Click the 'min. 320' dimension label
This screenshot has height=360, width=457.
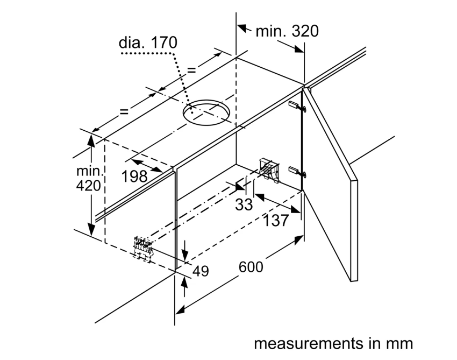coord(287,31)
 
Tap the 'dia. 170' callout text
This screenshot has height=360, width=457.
coord(148,43)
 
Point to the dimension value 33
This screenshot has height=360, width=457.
coord(245,204)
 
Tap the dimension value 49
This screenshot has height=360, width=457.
coord(200,271)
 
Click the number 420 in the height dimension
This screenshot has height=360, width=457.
coord(88,187)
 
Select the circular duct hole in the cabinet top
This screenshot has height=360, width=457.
coord(206,112)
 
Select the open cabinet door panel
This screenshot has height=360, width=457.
coord(329,183)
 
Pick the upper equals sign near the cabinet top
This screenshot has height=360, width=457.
coord(191,69)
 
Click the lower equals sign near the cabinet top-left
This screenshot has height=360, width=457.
coord(124,111)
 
